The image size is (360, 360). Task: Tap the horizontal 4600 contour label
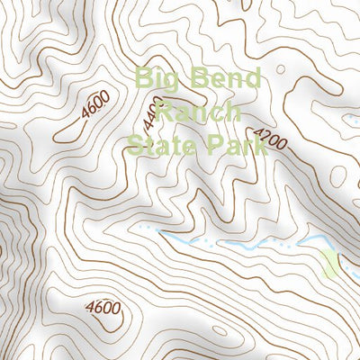[x=105, y=309]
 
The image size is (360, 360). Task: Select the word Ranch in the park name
[x=199, y=112]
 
